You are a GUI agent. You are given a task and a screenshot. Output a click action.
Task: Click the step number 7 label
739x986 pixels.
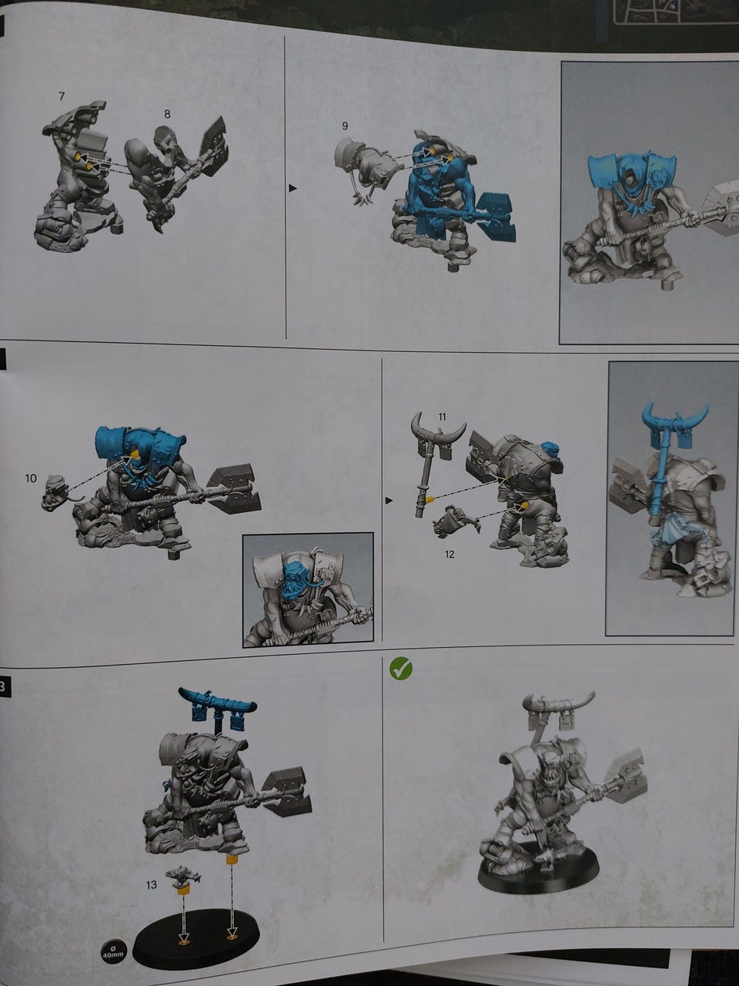click(62, 96)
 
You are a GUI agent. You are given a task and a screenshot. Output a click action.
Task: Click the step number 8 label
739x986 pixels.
click(167, 114)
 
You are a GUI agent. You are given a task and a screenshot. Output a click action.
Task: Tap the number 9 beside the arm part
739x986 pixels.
click(345, 126)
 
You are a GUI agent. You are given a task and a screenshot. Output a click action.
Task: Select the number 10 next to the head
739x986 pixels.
click(31, 478)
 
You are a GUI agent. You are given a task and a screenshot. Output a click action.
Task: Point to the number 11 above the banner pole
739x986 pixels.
click(443, 417)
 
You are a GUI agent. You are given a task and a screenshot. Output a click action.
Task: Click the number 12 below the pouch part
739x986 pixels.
click(450, 555)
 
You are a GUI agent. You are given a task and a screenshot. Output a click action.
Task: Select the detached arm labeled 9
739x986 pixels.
click(366, 169)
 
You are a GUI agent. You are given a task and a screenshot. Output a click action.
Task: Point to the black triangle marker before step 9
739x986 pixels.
click(293, 189)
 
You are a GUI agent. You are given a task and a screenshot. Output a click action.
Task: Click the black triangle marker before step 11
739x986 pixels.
click(389, 501)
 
